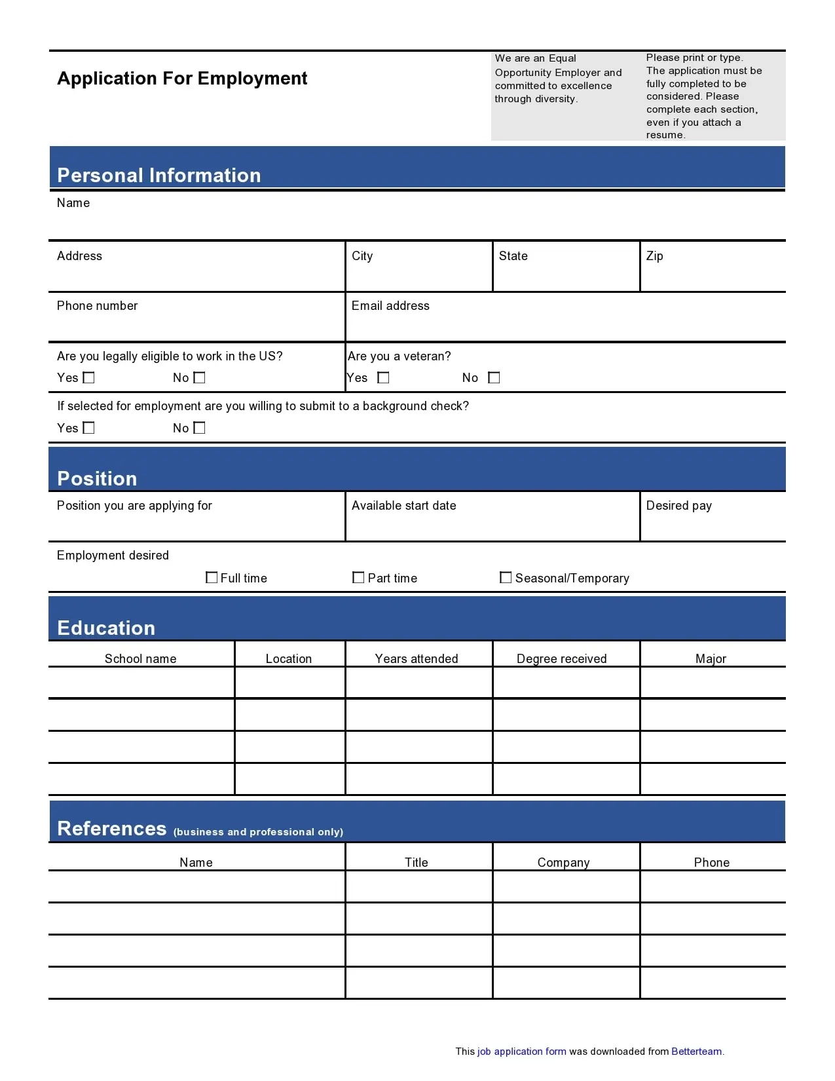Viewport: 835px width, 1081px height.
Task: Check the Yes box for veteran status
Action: [x=383, y=377]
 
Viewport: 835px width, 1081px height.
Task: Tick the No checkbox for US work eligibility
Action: [x=200, y=377]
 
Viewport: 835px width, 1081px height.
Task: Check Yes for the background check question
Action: [x=89, y=428]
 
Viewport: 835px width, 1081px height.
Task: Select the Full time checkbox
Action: [x=212, y=577]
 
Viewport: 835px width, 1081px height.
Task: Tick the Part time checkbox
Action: [x=358, y=577]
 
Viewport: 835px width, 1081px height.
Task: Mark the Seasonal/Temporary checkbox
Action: [x=506, y=577]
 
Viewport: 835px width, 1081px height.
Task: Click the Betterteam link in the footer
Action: [x=696, y=1051]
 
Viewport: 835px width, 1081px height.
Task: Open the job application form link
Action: [x=521, y=1051]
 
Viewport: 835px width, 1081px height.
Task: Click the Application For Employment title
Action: [x=182, y=79]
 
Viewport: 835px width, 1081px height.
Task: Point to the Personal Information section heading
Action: [x=159, y=175]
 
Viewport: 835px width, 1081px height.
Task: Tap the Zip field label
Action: [x=654, y=256]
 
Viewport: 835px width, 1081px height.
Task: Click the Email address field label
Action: [x=390, y=306]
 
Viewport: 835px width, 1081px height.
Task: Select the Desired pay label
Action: [x=678, y=506]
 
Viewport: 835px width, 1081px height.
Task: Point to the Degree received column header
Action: [x=561, y=658]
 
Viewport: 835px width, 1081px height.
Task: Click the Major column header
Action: [x=711, y=658]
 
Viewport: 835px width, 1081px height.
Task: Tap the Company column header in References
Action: [x=563, y=862]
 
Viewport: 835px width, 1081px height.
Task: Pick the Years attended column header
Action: [x=417, y=658]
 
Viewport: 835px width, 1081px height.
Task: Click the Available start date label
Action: [x=403, y=506]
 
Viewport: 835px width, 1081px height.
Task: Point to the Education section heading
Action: [x=106, y=628]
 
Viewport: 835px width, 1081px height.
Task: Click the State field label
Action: [x=513, y=256]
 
